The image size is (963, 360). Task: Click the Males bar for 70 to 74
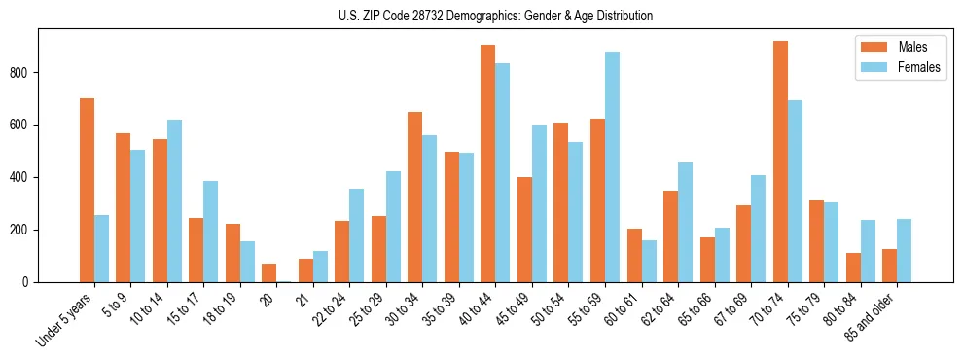coord(780,162)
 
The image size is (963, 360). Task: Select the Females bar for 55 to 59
coord(612,166)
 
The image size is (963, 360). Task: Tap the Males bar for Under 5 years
coord(87,190)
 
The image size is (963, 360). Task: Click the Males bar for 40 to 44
coord(487,163)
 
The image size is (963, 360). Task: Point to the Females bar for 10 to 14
coord(174,200)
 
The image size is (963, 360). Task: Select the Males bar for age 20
coord(268,272)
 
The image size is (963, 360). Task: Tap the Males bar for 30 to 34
coord(414,197)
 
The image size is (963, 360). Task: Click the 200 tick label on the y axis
coord(25,230)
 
